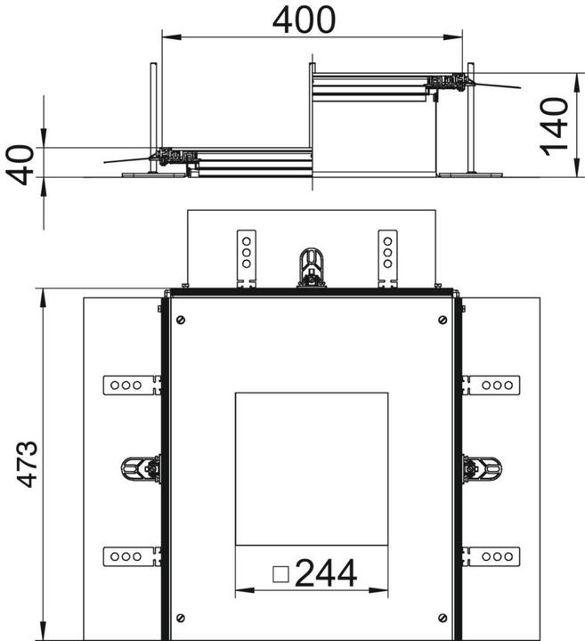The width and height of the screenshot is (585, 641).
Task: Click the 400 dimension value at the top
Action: coord(305,20)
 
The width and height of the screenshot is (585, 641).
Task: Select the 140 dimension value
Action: coord(555,126)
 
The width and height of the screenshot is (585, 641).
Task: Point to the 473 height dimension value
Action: coord(27,463)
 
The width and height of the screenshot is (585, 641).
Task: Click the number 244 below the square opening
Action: coord(325,574)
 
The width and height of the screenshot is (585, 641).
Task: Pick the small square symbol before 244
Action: coord(280,575)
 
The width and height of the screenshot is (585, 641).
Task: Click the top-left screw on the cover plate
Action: coord(181,319)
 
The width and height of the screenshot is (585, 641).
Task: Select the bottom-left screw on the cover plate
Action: coord(181,618)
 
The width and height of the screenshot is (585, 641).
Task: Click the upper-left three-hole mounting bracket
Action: coord(132,385)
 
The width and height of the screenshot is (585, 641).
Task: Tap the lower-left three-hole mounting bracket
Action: coord(132,556)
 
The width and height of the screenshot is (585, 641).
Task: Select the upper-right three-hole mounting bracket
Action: coord(491,385)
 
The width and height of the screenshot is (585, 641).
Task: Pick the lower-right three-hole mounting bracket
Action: coord(491,556)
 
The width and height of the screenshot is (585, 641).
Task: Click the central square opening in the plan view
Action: coord(311,467)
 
